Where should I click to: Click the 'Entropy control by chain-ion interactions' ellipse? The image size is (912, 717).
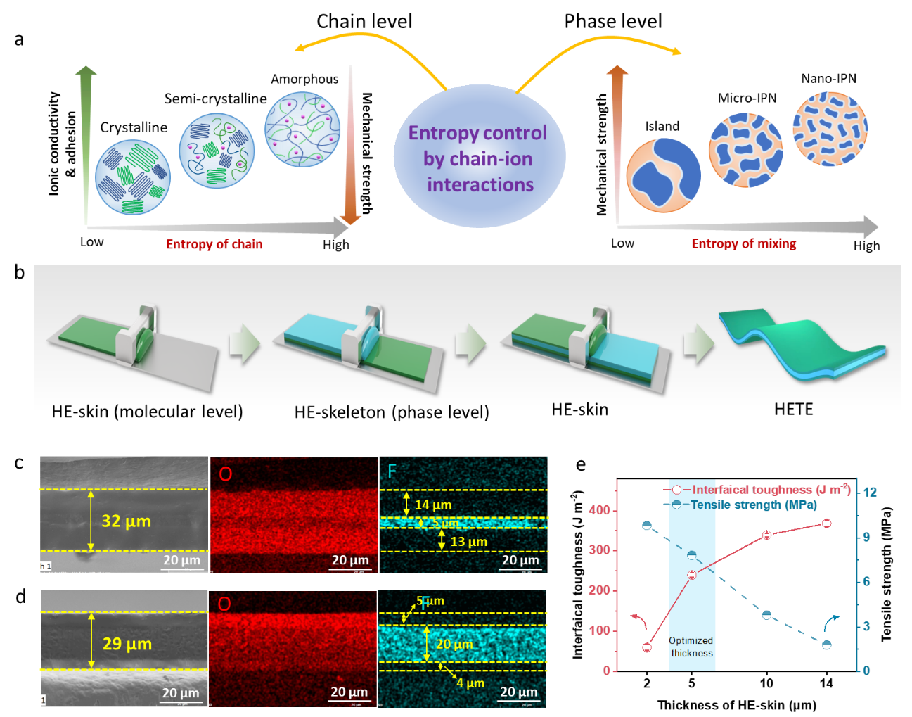(479, 158)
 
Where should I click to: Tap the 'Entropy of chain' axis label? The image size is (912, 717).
(214, 244)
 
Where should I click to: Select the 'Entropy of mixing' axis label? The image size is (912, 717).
(743, 243)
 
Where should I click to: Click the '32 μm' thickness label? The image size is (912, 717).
(127, 521)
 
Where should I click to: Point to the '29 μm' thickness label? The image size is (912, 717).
(127, 644)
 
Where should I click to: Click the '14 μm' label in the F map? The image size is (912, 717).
(433, 505)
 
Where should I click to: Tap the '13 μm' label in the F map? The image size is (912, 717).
(468, 542)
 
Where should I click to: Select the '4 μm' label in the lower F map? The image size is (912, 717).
(470, 683)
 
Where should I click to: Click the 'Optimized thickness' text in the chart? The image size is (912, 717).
(691, 647)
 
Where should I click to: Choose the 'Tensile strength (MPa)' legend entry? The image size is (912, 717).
(752, 505)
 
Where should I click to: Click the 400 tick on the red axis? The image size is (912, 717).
(599, 510)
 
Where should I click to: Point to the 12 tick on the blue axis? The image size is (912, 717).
(870, 492)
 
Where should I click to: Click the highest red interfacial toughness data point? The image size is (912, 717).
(826, 523)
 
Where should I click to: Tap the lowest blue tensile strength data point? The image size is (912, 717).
(827, 645)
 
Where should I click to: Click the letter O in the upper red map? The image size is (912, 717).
(225, 474)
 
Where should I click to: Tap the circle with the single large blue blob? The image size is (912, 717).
(663, 176)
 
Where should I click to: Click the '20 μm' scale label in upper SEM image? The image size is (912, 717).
(181, 560)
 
